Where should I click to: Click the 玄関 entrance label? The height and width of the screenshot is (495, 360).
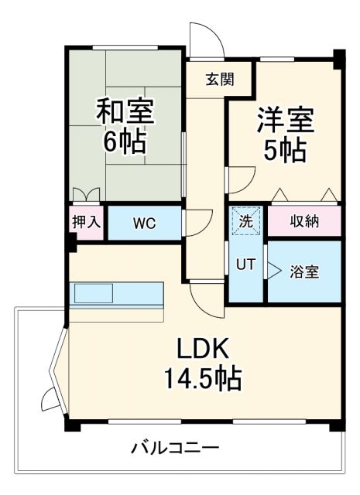click(x=218, y=78)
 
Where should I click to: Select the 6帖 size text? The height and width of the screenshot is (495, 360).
click(x=125, y=142)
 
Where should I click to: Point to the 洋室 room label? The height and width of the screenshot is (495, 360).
click(x=285, y=121)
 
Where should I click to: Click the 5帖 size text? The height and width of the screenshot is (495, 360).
click(x=285, y=151)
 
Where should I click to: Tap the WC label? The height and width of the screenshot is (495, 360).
click(x=143, y=224)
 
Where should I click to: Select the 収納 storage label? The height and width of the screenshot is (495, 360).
click(x=304, y=222)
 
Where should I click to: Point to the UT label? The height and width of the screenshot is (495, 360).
click(x=245, y=264)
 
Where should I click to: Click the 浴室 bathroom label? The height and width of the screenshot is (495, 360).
click(x=303, y=271)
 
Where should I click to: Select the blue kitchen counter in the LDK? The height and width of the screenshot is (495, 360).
click(x=116, y=295)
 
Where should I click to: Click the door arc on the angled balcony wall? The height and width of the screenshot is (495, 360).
click(x=48, y=400)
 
